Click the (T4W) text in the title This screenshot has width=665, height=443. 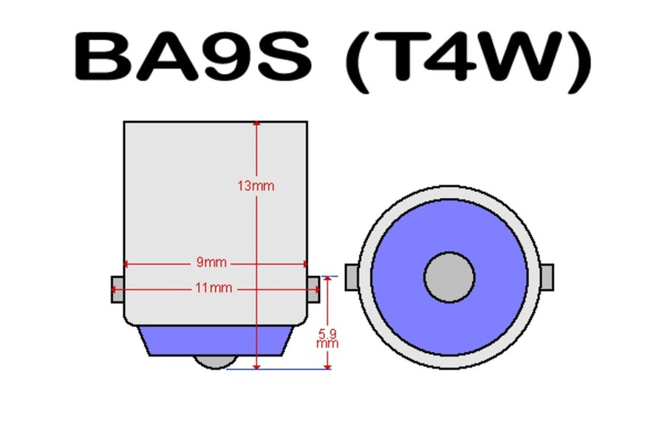click(x=468, y=61)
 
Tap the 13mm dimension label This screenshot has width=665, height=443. click(x=256, y=185)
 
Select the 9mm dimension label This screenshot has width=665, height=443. click(x=211, y=262)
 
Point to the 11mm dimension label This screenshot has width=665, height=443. click(x=214, y=288)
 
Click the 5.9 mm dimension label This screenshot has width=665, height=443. click(x=327, y=339)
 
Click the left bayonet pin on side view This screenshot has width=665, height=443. click(x=117, y=289)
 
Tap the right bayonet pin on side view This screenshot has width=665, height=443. click(x=313, y=289)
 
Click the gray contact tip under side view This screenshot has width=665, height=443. click(x=216, y=362)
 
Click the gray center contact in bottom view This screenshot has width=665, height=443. click(x=449, y=278)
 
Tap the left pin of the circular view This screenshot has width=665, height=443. click(x=352, y=278)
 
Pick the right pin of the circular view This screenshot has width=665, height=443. click(x=547, y=278)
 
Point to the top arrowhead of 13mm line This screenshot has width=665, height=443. click(x=256, y=124)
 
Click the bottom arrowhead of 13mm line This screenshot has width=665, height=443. click(x=256, y=366)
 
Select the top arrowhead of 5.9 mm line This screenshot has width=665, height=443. click(x=327, y=279)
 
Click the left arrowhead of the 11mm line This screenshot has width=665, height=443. click(x=114, y=289)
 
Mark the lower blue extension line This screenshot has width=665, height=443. click(x=279, y=369)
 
